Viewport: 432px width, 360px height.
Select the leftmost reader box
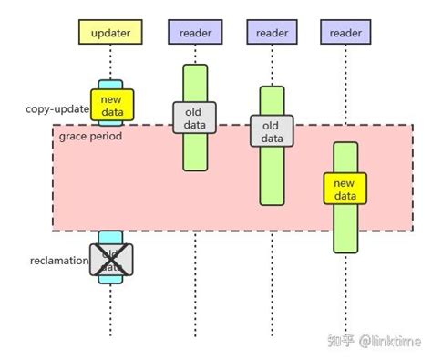pos(194,33)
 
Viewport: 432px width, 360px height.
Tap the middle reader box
pos(273,33)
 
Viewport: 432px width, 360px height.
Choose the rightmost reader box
pos(346,33)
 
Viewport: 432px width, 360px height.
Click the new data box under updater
pos(112,105)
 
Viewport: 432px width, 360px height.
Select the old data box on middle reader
pos(273,130)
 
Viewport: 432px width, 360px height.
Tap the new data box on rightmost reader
pos(345,189)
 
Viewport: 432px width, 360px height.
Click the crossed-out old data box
pos(111,260)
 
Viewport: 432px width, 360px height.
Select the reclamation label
pos(59,262)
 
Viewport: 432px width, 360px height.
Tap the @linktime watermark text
pos(389,340)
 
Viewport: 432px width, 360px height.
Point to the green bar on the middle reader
pos(273,178)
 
